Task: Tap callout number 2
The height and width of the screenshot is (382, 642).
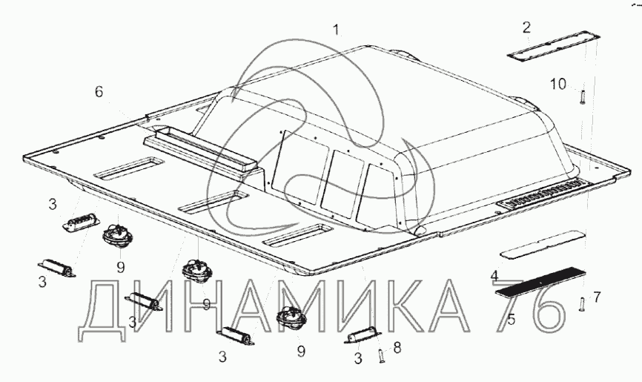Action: click(526, 27)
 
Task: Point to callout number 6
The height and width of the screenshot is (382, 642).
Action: click(99, 92)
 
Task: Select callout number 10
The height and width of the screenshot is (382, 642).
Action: click(557, 85)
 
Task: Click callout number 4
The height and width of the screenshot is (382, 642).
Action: click(494, 276)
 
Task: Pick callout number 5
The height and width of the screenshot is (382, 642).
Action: click(511, 319)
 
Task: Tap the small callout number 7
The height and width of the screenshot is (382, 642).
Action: click(597, 297)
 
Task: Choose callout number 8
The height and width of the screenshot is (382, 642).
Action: click(397, 349)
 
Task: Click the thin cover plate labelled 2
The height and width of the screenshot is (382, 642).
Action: click(554, 46)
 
